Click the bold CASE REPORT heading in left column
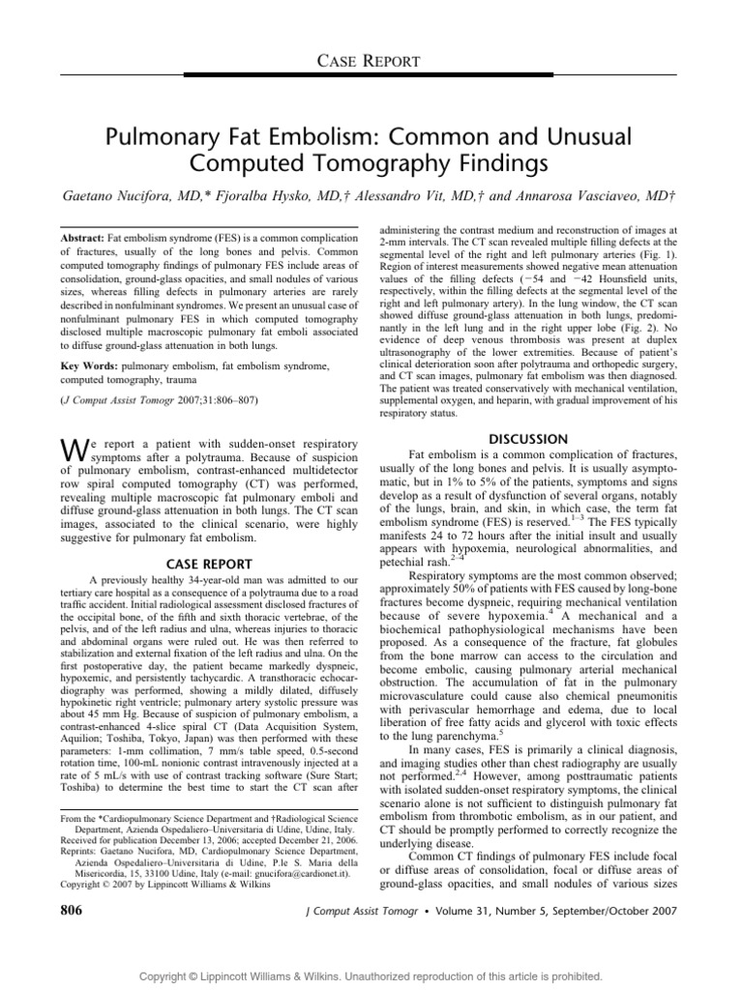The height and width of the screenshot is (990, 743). point(209,565)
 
